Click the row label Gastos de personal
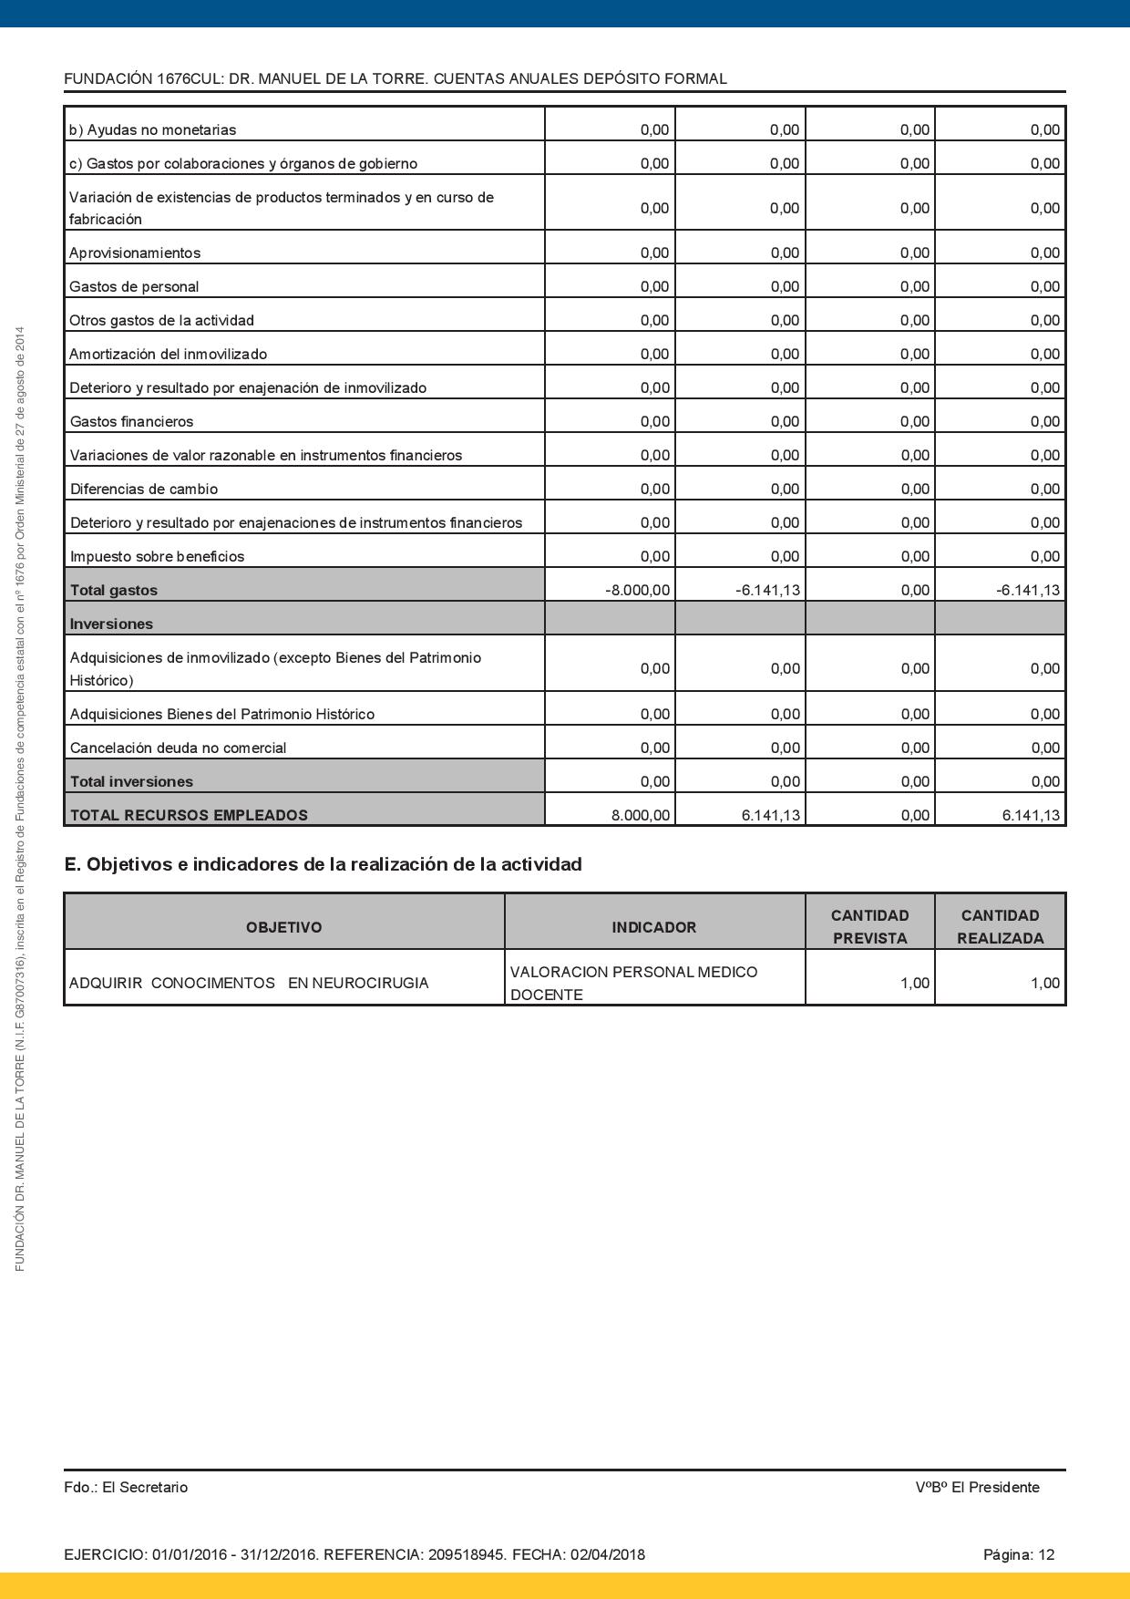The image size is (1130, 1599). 134,286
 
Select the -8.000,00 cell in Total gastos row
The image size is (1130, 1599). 637,591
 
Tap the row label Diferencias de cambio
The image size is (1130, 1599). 144,489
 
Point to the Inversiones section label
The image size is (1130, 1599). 111,624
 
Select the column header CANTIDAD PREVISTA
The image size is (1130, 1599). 869,926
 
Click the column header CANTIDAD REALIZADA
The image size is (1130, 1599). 1000,926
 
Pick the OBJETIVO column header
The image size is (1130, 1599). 283,927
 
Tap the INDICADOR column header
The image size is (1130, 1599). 653,927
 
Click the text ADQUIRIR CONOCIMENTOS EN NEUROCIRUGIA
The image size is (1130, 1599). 249,983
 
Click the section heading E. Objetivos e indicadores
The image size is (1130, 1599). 323,864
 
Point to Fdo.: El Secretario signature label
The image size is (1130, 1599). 126,1487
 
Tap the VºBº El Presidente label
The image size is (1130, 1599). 977,1487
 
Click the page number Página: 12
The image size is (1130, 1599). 1018,1554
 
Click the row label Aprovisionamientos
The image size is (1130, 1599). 135,253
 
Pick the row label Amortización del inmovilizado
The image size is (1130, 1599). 169,354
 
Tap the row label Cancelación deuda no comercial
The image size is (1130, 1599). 178,748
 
